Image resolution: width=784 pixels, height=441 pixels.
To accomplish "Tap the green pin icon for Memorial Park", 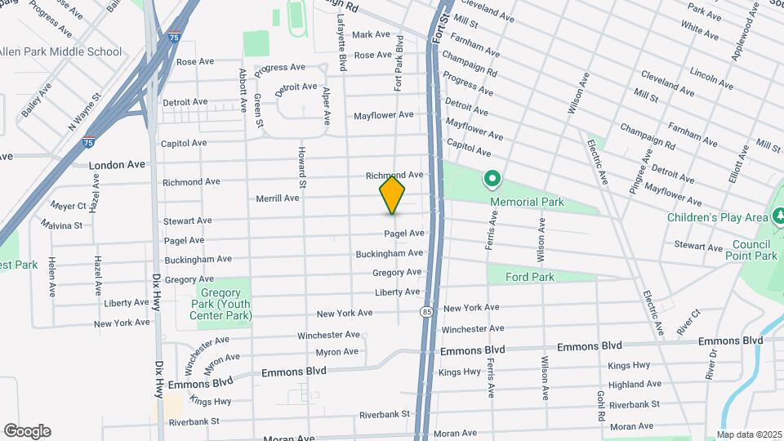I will point(492,177).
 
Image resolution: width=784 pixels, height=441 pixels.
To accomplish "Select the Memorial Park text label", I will point(527,202).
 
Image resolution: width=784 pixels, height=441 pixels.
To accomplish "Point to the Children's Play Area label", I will point(718,217).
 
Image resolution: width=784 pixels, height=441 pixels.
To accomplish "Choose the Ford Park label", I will point(529,277).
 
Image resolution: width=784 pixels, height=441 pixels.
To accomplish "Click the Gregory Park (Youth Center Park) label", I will point(220,304).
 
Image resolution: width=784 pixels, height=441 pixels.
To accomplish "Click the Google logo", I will point(27,430).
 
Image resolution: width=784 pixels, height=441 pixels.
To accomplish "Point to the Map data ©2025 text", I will point(748,434).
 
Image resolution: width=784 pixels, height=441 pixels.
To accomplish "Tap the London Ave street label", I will point(117,164).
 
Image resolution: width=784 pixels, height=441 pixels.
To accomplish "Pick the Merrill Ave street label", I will point(277,198).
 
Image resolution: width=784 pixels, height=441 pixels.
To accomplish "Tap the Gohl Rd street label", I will point(601,404).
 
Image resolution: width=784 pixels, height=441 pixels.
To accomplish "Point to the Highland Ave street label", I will point(635,385).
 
